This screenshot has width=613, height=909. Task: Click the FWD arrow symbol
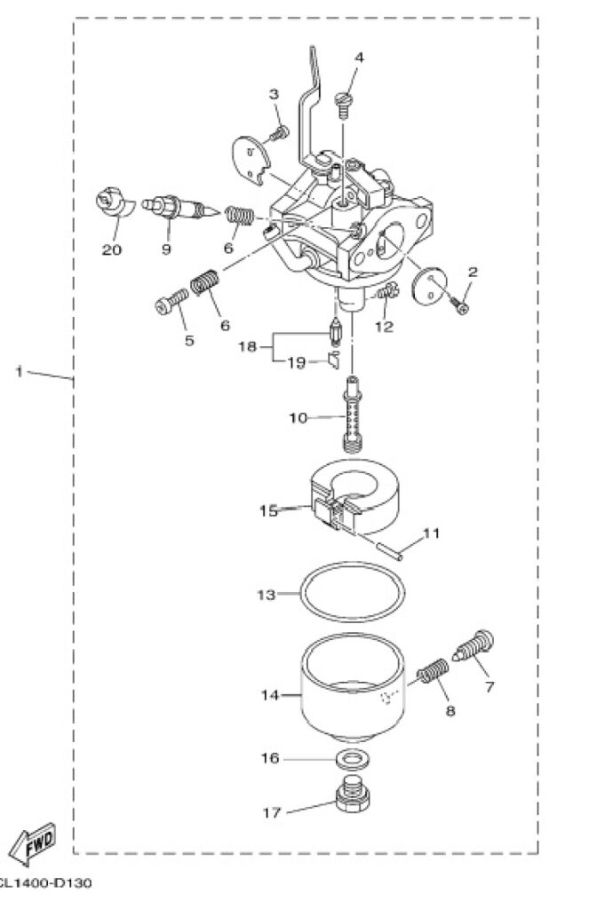[x=34, y=845]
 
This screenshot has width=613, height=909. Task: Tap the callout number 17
[x=272, y=813]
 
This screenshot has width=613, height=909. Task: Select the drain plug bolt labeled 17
[x=353, y=793]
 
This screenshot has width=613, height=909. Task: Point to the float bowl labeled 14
[x=353, y=687]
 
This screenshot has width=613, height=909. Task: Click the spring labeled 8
[x=434, y=671]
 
